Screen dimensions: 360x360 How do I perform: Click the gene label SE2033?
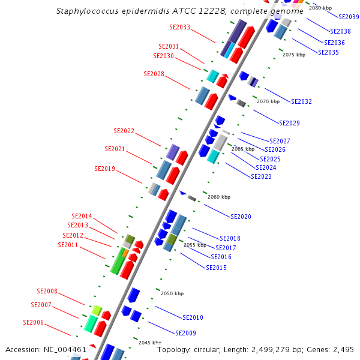(180, 27)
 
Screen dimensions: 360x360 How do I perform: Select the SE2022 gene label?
(124, 131)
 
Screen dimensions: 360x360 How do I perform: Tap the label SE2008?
(47, 291)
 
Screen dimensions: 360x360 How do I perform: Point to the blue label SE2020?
(241, 217)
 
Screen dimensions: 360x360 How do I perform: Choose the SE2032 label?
(301, 101)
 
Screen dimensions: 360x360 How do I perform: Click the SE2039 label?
(349, 17)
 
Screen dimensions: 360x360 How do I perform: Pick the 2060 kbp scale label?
(219, 197)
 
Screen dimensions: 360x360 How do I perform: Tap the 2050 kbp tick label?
(172, 293)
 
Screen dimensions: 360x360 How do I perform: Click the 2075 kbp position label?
(294, 55)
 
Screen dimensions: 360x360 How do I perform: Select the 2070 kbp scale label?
(268, 101)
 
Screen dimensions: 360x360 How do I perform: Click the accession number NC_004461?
(65, 350)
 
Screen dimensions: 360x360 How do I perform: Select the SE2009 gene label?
(186, 333)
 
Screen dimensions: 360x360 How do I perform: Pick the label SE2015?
(216, 268)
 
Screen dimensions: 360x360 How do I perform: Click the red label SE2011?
(68, 245)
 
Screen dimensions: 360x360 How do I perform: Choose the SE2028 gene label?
(154, 74)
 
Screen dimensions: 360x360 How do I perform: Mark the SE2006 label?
(33, 322)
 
